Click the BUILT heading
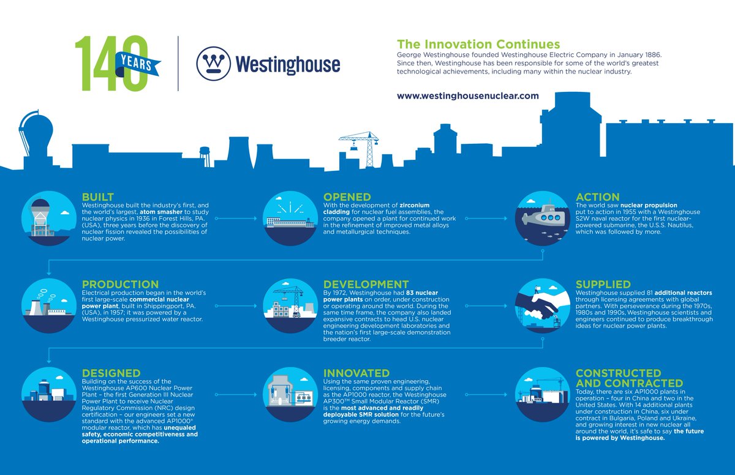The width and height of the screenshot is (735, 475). point(98,197)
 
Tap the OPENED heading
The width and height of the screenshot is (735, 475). point(347,197)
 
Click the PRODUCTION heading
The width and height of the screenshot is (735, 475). point(120,284)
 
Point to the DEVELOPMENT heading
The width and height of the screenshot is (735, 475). point(366,284)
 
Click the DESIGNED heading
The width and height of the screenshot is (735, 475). point(111,373)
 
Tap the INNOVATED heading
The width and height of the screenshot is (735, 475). point(356,373)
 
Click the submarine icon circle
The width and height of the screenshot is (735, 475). point(541,218)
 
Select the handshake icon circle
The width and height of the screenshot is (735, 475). point(541,305)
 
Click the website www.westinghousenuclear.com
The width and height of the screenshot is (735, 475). point(468,95)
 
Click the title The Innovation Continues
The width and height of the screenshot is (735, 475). point(478,44)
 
